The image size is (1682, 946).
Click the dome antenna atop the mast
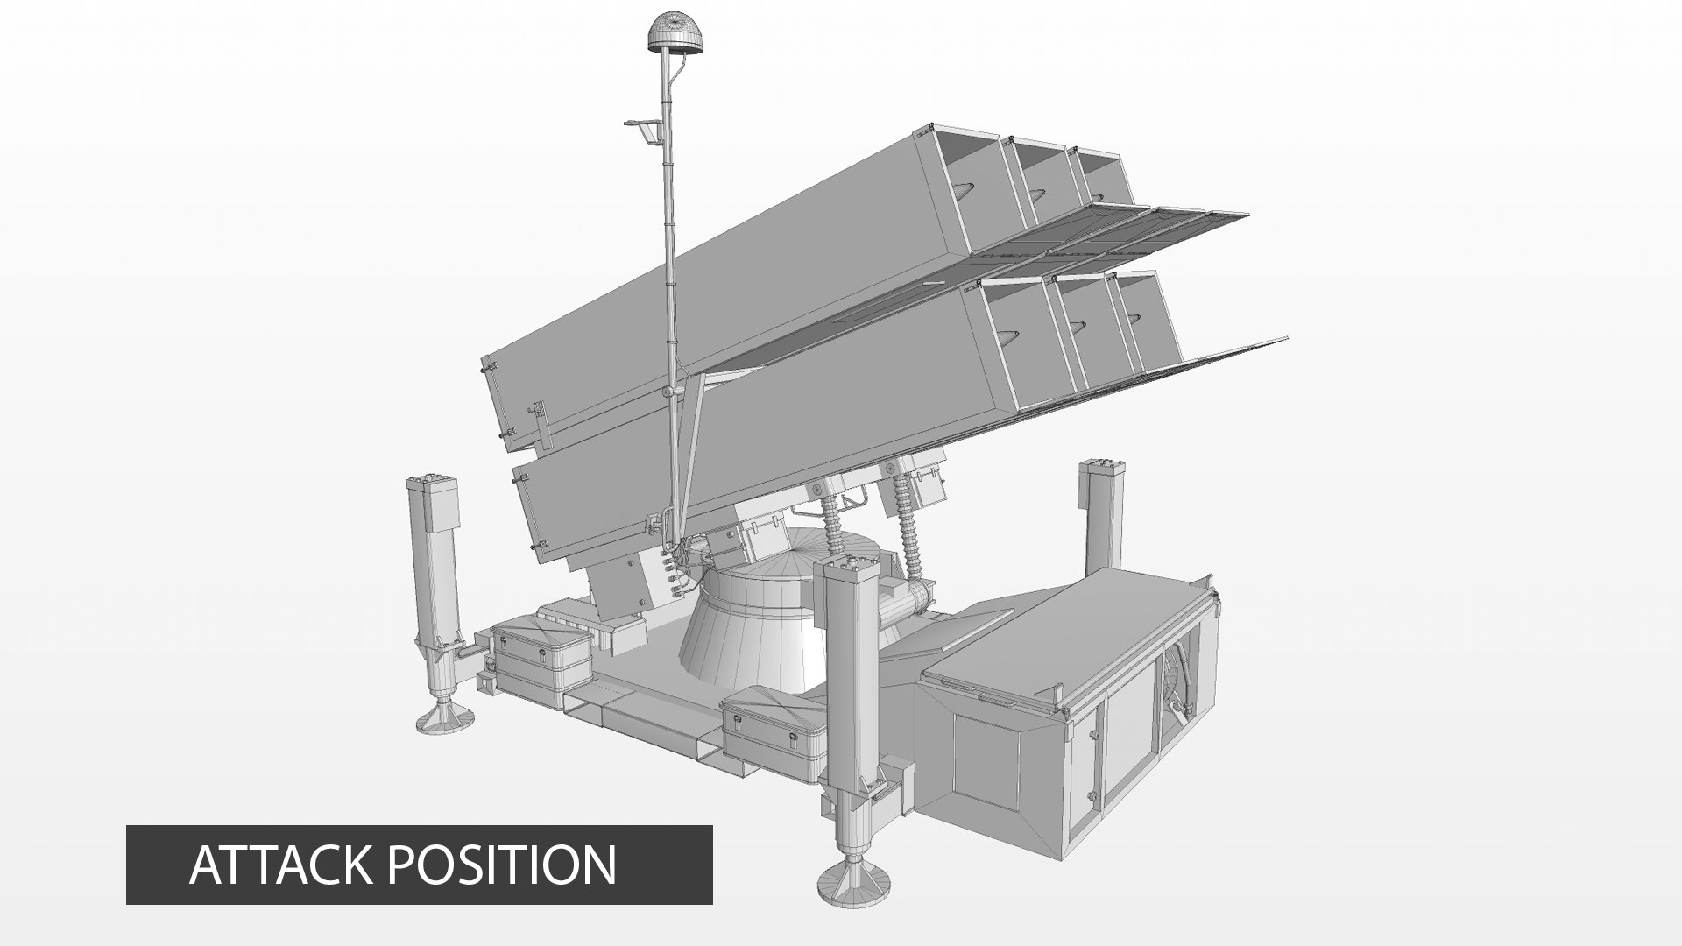click(x=671, y=33)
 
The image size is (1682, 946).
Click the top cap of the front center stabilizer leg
click(x=846, y=565)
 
